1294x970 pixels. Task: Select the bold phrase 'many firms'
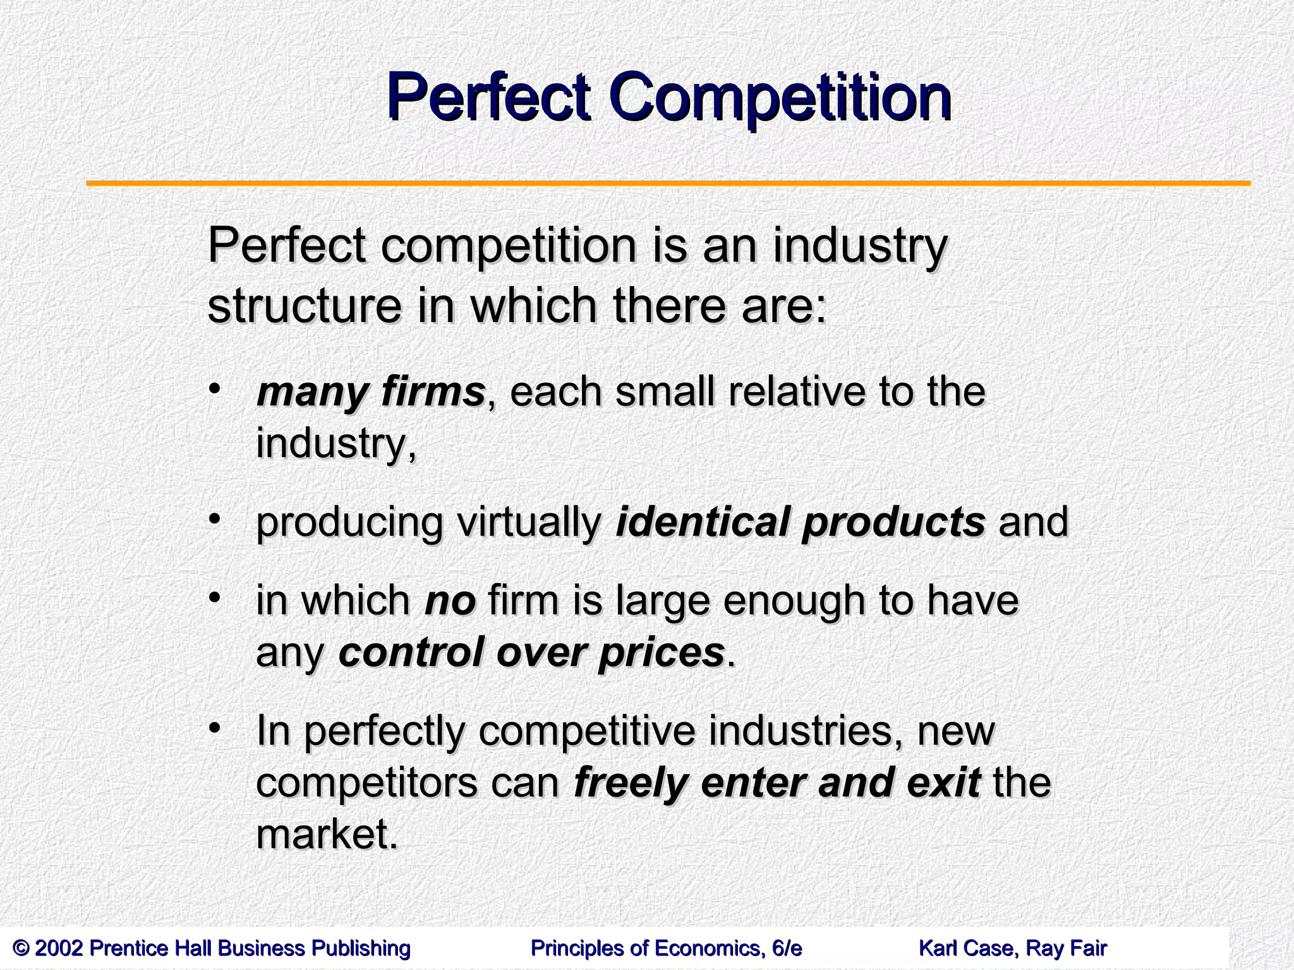click(x=370, y=392)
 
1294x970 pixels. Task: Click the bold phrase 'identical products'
click(x=800, y=522)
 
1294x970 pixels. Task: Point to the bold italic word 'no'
click(x=450, y=601)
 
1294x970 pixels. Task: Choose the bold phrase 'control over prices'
click(x=531, y=652)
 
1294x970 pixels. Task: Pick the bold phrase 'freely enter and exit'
click(x=777, y=782)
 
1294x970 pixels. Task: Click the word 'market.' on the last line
click(x=327, y=835)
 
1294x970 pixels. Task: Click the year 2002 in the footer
click(x=60, y=949)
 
